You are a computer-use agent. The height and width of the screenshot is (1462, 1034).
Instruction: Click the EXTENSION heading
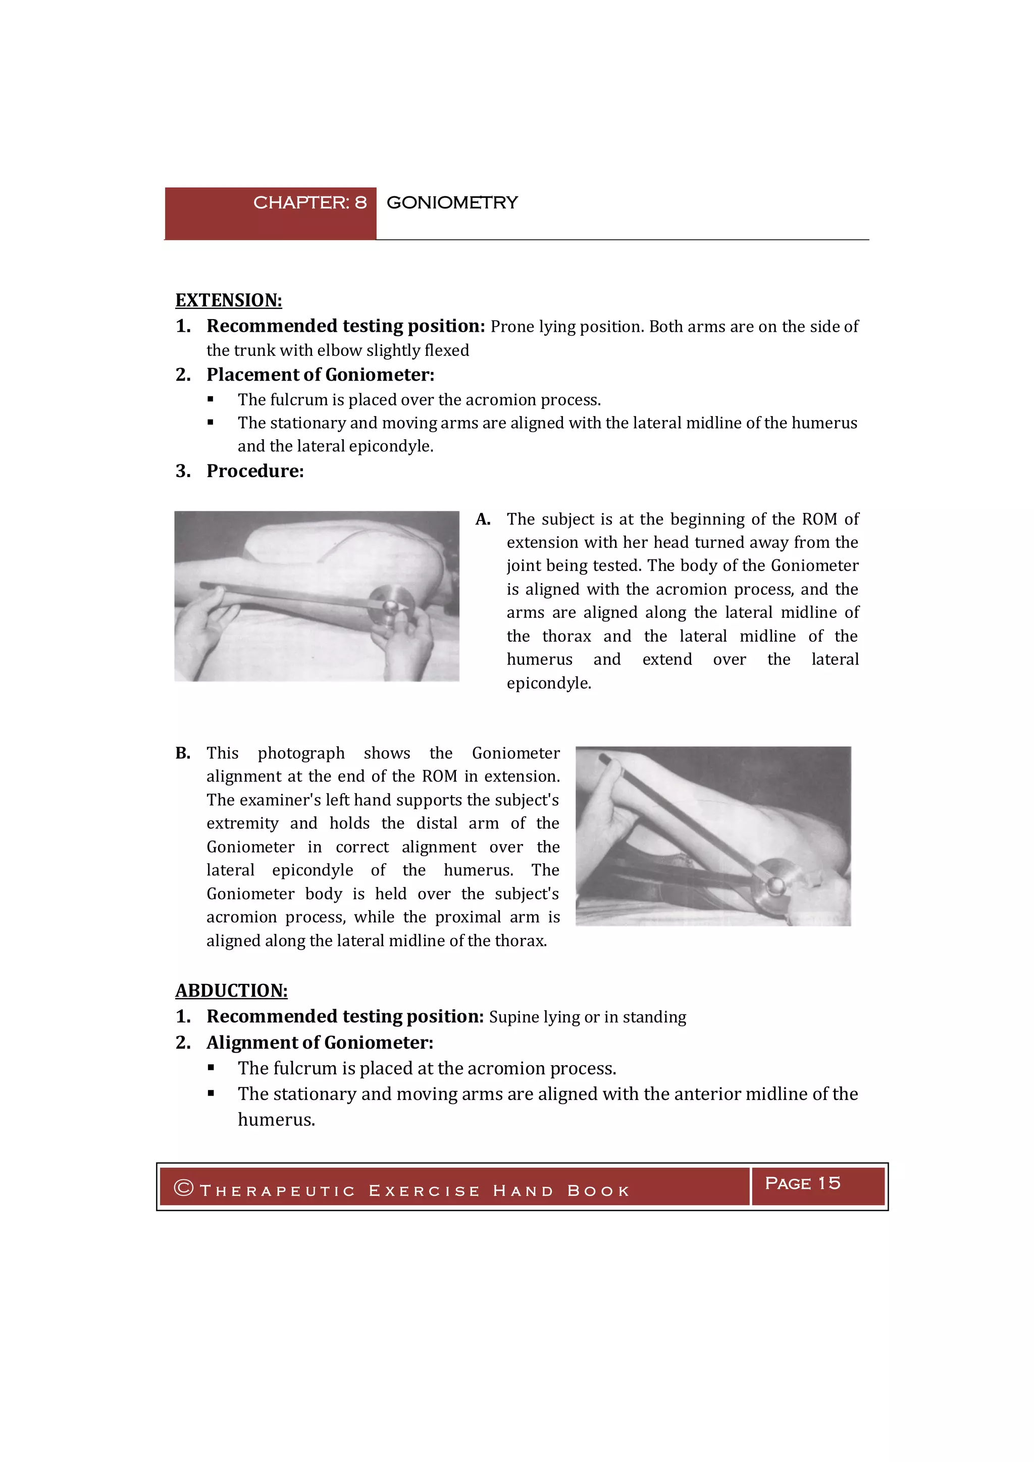pyautogui.click(x=229, y=300)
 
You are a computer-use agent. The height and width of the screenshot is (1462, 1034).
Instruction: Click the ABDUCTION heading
pyautogui.click(x=231, y=991)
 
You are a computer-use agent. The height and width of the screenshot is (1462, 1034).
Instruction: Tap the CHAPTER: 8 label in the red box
pyautogui.click(x=309, y=202)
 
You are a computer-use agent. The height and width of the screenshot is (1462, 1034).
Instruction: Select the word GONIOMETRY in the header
pyautogui.click(x=452, y=202)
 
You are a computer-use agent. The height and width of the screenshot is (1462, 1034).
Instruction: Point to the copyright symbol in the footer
pyautogui.click(x=183, y=1188)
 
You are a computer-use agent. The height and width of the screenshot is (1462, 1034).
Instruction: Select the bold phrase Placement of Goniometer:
pyautogui.click(x=320, y=375)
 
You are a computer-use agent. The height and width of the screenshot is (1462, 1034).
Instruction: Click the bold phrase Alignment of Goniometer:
pyautogui.click(x=320, y=1043)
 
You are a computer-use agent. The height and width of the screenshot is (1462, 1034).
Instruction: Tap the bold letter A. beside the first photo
pyautogui.click(x=483, y=519)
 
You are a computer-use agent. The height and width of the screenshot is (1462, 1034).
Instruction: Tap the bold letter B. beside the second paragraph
pyautogui.click(x=183, y=753)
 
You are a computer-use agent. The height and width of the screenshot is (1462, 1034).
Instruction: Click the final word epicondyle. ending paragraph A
pyautogui.click(x=549, y=683)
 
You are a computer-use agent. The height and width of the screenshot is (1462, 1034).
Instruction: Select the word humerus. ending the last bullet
pyautogui.click(x=276, y=1120)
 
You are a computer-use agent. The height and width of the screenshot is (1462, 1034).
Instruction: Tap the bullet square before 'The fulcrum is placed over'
pyautogui.click(x=211, y=400)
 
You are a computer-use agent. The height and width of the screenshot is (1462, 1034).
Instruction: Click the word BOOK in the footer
pyautogui.click(x=598, y=1191)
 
